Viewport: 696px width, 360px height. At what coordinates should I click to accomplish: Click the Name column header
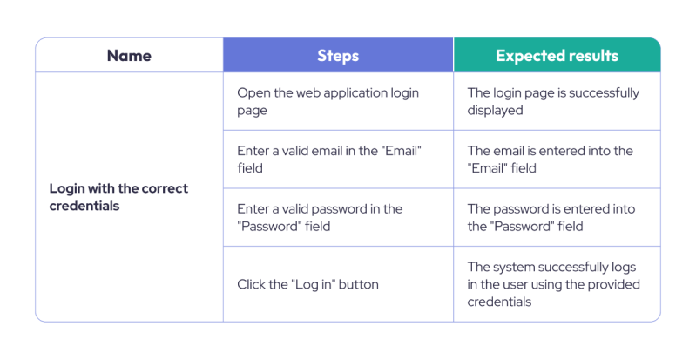[x=129, y=56]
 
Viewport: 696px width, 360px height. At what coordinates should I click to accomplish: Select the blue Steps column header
[x=338, y=56]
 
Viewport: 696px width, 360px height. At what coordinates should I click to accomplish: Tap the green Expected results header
[x=557, y=56]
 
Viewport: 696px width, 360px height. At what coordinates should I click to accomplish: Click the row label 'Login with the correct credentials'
[x=118, y=197]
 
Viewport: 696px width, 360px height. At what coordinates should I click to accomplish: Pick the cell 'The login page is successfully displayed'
[x=553, y=102]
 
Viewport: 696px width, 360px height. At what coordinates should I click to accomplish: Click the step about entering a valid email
[x=328, y=160]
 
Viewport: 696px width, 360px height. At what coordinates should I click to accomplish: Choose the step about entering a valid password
[x=320, y=217]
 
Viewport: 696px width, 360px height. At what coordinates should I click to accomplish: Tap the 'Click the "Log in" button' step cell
[x=307, y=284]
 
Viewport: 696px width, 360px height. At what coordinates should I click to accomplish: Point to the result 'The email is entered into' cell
[x=550, y=160]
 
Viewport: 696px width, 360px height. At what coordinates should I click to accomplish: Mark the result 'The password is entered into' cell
[x=551, y=217]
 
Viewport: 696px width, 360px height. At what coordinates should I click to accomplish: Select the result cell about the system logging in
[x=553, y=284]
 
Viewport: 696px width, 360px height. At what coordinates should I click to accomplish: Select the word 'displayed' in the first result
[x=495, y=111]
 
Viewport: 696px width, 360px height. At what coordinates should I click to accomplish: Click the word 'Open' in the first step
[x=253, y=92]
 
